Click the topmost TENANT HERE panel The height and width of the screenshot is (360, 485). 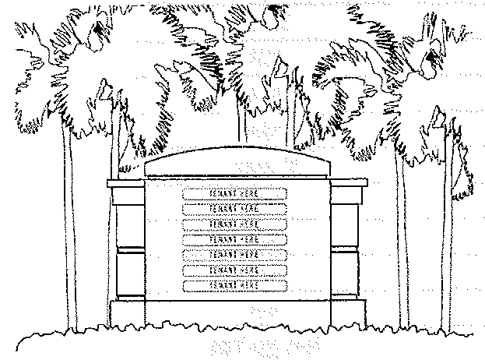[235, 192]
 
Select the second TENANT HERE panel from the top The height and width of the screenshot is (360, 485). [235, 208]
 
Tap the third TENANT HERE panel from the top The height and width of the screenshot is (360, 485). [235, 224]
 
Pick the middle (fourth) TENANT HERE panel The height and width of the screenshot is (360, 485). [235, 239]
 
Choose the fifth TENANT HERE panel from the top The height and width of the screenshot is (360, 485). [235, 255]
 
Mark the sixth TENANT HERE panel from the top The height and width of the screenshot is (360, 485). [235, 270]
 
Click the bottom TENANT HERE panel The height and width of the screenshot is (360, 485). [235, 286]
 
